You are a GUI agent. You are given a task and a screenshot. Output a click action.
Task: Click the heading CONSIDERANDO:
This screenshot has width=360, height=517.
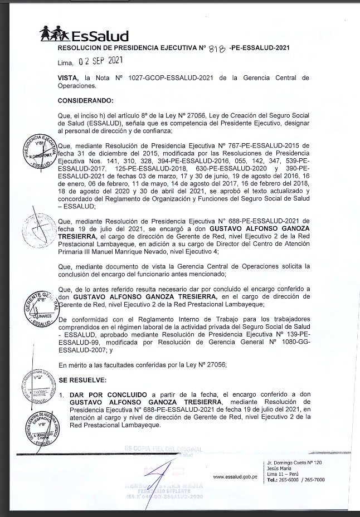(85, 101)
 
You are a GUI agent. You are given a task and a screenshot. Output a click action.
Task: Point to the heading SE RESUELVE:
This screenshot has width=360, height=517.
(82, 379)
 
